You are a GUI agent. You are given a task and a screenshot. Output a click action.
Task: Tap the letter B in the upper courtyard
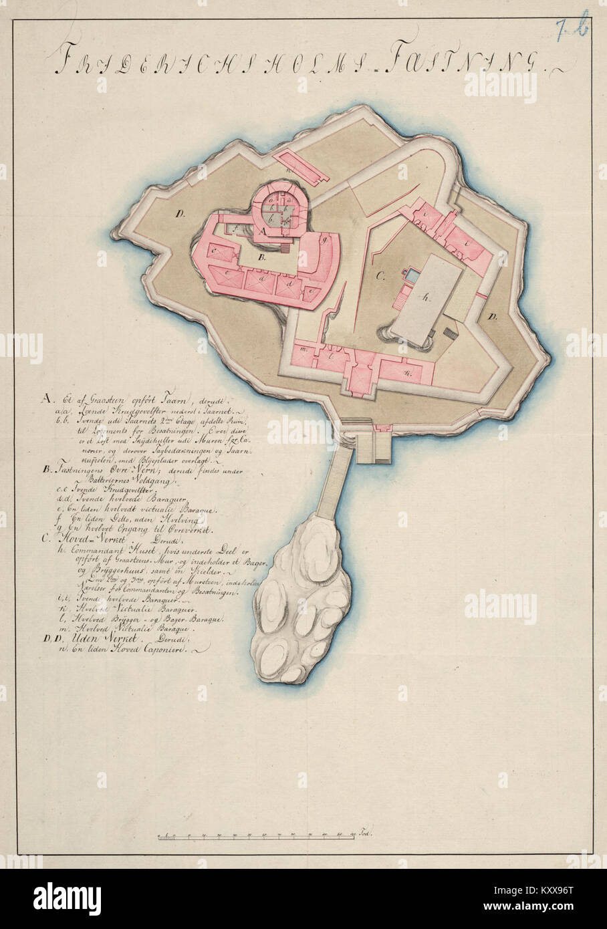coord(263,257)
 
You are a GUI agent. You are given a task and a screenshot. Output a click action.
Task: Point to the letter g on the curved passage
coord(324,239)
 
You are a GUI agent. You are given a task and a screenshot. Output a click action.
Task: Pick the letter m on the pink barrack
coord(303,350)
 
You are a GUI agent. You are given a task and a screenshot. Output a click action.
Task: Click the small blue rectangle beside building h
coord(414,275)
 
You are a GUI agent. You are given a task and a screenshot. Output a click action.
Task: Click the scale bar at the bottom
coord(261,835)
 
